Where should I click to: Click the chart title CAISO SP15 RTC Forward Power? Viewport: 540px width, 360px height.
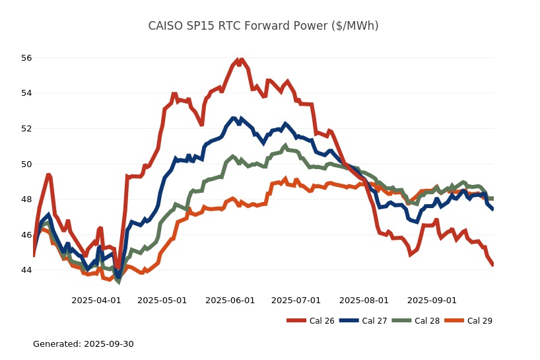[263, 26]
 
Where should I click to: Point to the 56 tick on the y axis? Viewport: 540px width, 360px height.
[26, 57]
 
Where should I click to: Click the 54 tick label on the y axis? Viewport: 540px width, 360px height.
[26, 93]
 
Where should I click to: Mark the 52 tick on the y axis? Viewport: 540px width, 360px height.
[26, 128]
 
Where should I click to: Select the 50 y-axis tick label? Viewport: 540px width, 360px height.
[26, 164]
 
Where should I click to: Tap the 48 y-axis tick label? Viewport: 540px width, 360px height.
[26, 199]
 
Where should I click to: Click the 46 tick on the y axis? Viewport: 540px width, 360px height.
[26, 234]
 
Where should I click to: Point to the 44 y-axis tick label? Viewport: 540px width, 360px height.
[26, 270]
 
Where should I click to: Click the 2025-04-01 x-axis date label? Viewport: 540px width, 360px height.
[96, 300]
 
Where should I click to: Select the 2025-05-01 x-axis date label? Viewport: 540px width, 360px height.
[162, 300]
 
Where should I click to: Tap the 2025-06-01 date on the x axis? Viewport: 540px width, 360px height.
[230, 300]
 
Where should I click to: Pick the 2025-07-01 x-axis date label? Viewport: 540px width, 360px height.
[296, 300]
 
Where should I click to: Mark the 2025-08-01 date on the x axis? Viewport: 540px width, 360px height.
[364, 300]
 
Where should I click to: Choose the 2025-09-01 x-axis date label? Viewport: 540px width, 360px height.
[432, 300]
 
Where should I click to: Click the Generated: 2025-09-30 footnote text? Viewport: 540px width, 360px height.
[83, 344]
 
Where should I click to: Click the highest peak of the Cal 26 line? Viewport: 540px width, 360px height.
[237, 60]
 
